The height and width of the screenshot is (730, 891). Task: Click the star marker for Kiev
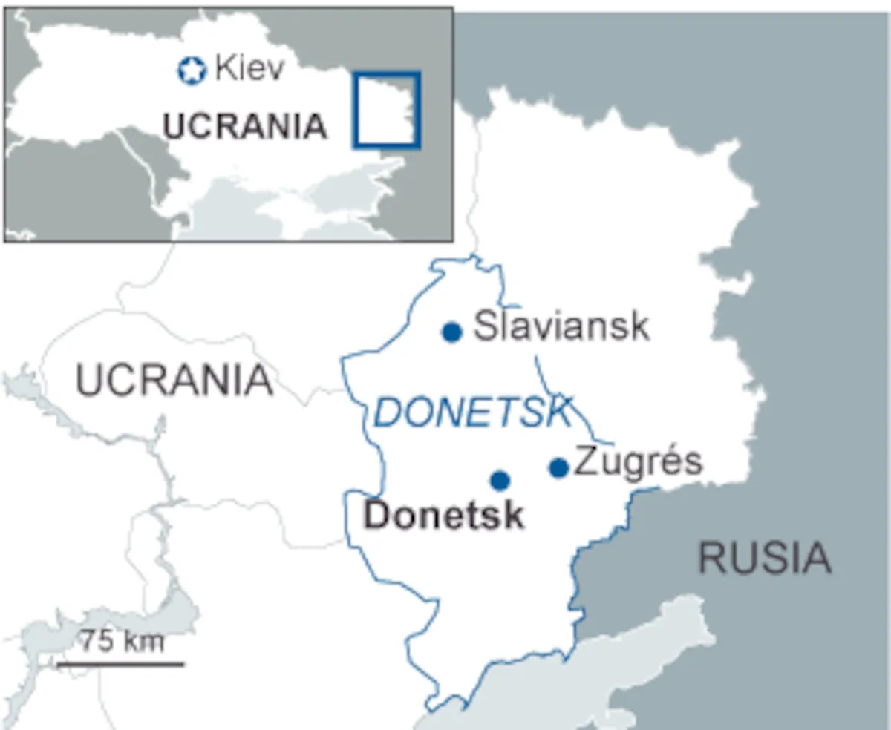pyautogui.click(x=192, y=71)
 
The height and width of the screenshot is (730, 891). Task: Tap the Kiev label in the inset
pyautogui.click(x=249, y=70)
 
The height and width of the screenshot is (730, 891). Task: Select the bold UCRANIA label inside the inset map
pyautogui.click(x=245, y=127)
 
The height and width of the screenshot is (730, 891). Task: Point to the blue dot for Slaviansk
pyautogui.click(x=452, y=332)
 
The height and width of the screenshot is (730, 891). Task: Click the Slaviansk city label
pyautogui.click(x=561, y=327)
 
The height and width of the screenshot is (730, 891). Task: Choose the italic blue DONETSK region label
pyautogui.click(x=473, y=412)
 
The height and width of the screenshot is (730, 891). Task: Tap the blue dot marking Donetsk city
pyautogui.click(x=500, y=481)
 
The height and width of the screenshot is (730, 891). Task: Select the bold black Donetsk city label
pyautogui.click(x=444, y=516)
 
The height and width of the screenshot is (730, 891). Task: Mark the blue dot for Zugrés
pyautogui.click(x=559, y=467)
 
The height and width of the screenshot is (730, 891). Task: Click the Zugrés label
pyautogui.click(x=638, y=462)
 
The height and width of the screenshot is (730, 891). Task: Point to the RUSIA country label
pyautogui.click(x=764, y=558)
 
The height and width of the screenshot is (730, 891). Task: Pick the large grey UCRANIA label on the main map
pyautogui.click(x=175, y=381)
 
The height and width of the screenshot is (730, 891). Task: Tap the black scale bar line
pyautogui.click(x=120, y=663)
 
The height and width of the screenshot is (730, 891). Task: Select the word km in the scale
pyautogui.click(x=142, y=639)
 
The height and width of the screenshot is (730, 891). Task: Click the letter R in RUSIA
pyautogui.click(x=711, y=558)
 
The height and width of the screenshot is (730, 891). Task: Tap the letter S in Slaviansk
pyautogui.click(x=485, y=327)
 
